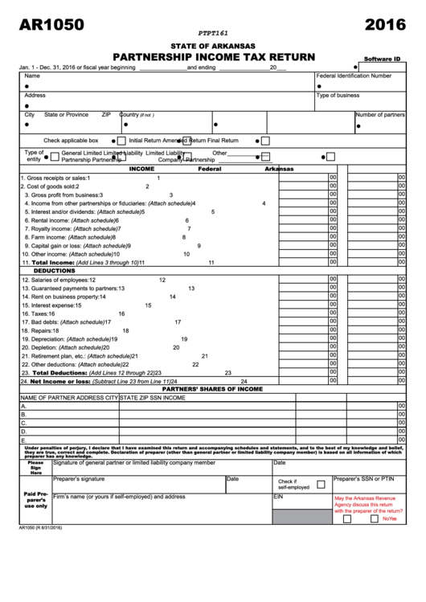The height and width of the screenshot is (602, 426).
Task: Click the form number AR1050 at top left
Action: click(x=51, y=25)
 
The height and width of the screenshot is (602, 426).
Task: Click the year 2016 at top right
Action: click(x=384, y=25)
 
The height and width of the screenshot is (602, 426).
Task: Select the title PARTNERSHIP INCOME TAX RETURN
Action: click(x=213, y=56)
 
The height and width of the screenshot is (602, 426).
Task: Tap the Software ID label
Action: click(x=382, y=59)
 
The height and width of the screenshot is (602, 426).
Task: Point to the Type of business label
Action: click(x=338, y=95)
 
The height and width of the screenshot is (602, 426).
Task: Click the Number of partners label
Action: click(x=380, y=115)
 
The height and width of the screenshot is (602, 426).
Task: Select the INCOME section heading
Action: click(x=141, y=170)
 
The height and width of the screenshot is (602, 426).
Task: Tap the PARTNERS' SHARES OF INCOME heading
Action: click(x=213, y=388)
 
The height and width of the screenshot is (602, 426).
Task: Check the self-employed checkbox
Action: click(x=321, y=484)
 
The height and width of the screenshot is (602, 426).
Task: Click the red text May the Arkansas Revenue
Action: click(x=367, y=498)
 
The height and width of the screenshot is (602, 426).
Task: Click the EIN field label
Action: click(x=279, y=497)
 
